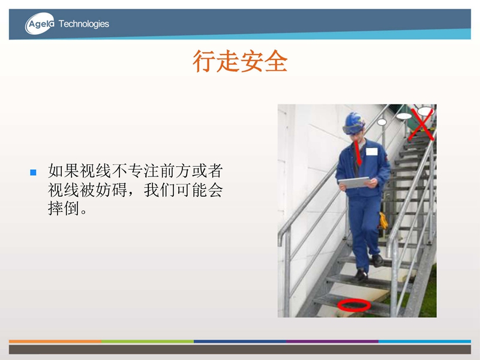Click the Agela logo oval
(40, 23)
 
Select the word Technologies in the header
(83, 24)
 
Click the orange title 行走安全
(240, 61)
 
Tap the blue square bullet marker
(33, 172)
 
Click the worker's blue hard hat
(354, 123)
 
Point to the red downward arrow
(357, 153)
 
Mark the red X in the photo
(422, 124)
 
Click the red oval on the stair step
(354, 305)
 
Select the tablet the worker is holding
(354, 182)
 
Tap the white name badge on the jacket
(371, 152)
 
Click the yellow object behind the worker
(383, 221)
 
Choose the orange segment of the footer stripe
(55, 341)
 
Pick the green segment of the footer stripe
(148, 341)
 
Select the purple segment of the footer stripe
(332, 341)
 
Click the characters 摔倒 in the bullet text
(64, 208)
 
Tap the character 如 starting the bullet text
(56, 171)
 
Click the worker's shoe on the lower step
(361, 276)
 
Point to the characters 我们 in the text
(160, 190)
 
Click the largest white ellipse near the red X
(425, 111)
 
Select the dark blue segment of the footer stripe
(240, 341)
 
